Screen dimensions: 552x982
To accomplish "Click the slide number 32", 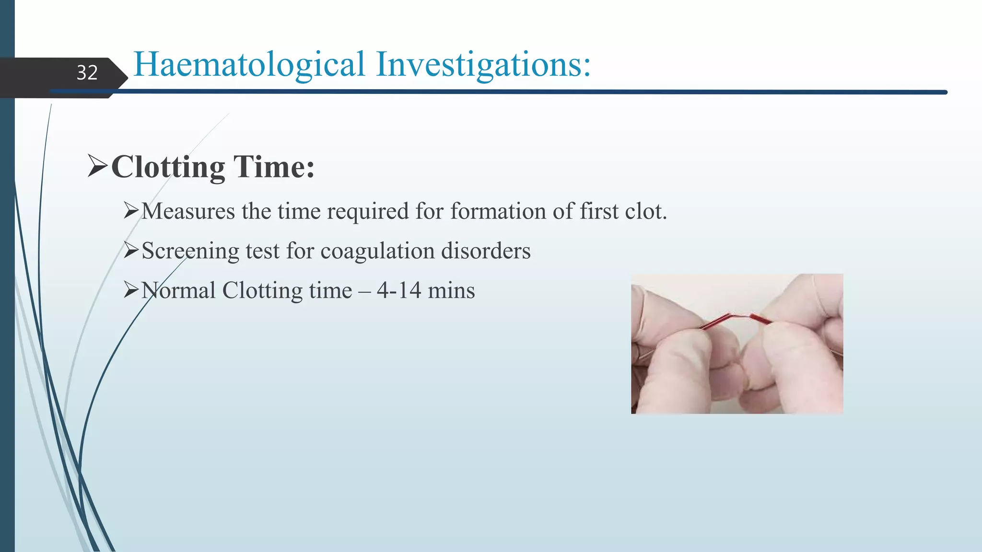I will pos(87,73).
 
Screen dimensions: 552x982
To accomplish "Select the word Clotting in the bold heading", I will pos(168,167).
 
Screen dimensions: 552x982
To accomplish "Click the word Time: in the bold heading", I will pos(274,167).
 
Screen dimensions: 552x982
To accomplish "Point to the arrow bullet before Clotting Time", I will pos(98,166).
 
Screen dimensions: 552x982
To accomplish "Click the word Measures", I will pos(188,211).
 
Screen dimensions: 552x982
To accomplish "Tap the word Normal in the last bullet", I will pos(178,291).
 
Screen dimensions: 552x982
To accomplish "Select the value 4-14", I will pos(399,291).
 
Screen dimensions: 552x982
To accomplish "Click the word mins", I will pos(451,291).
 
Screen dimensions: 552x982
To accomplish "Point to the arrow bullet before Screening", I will pos(131,250).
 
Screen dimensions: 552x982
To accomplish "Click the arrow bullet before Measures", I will pos(131,210).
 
